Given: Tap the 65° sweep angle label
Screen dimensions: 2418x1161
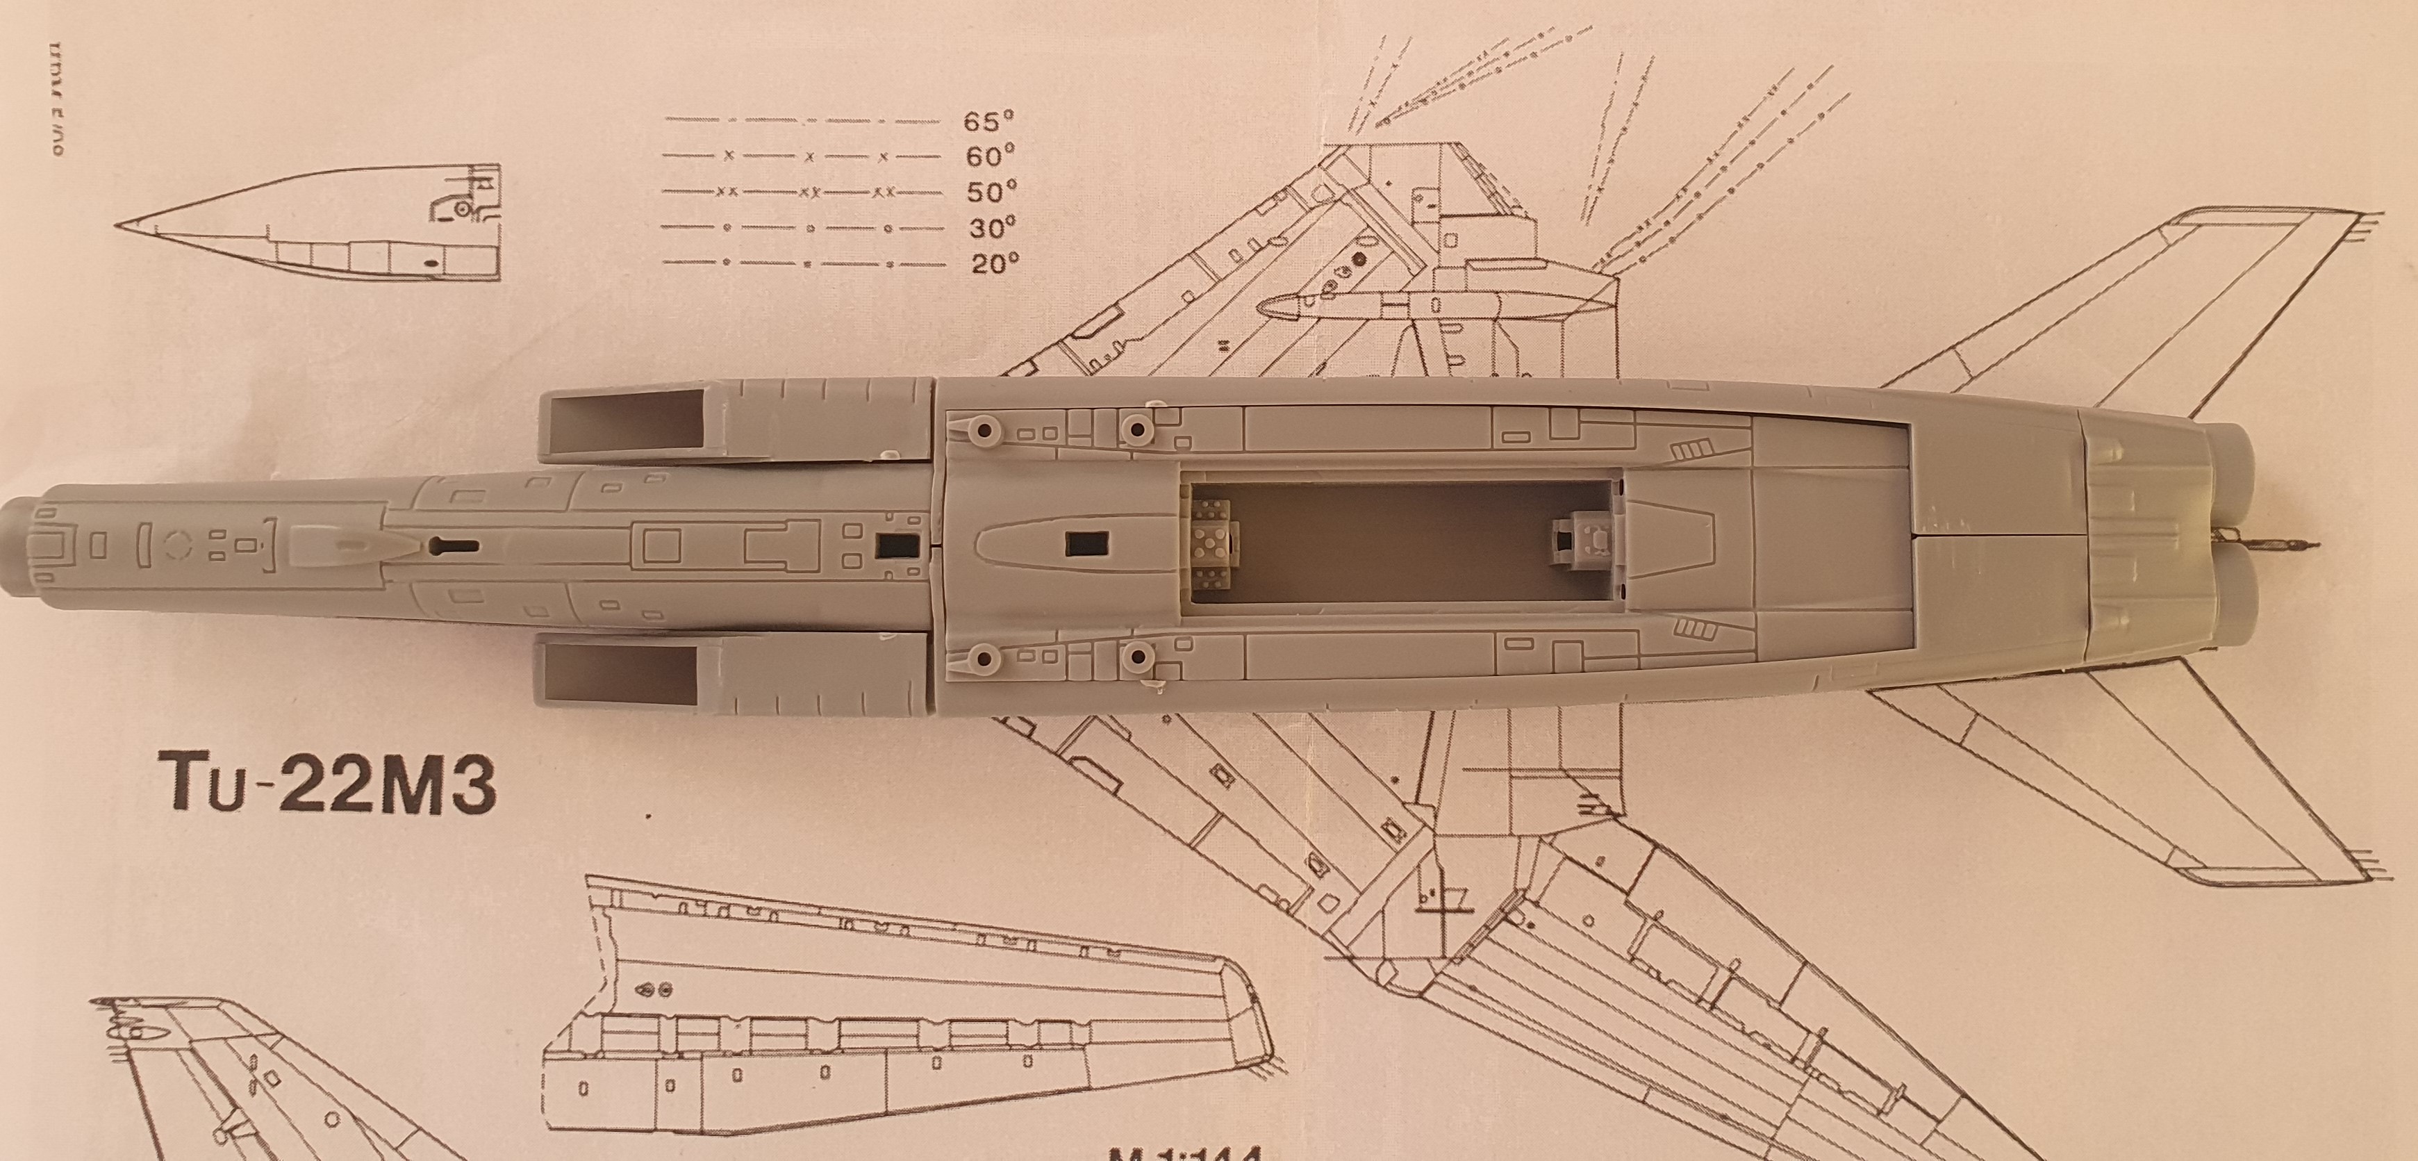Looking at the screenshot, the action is click(x=988, y=121).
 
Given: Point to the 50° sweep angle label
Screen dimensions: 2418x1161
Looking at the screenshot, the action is click(x=991, y=192).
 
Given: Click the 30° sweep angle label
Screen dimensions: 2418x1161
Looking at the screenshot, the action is click(x=991, y=228).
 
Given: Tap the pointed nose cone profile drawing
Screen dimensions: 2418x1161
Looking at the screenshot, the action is click(x=310, y=230).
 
